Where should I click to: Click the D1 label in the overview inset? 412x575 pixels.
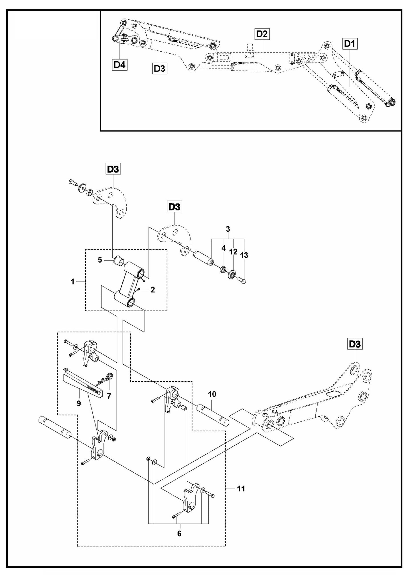(x=350, y=44)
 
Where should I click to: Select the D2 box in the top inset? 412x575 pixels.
(x=262, y=34)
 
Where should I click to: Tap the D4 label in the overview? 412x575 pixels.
(x=119, y=65)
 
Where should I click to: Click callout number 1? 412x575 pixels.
(x=73, y=282)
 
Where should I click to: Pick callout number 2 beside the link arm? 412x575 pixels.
(x=153, y=290)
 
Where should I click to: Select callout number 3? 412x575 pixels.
(x=228, y=229)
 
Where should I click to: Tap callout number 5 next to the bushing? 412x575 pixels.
(x=100, y=260)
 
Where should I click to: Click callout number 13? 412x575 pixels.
(x=244, y=255)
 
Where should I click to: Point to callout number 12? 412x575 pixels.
(x=233, y=252)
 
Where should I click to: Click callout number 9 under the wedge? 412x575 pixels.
(x=79, y=404)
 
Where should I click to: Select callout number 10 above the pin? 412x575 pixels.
(x=212, y=394)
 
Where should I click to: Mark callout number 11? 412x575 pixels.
(x=241, y=489)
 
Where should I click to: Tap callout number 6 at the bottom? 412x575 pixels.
(x=179, y=533)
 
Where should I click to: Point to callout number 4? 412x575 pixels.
(x=224, y=248)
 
